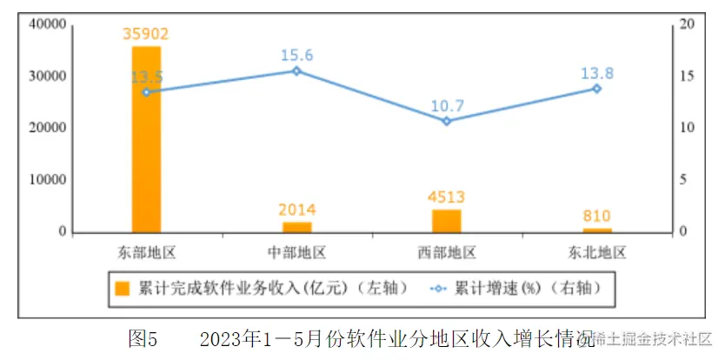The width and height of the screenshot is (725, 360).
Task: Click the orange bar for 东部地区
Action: (x=146, y=139)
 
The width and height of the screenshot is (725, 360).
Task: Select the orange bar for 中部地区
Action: (x=296, y=227)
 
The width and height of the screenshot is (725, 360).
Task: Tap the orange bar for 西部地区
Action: (x=446, y=221)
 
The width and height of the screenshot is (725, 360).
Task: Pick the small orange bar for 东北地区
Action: (x=596, y=230)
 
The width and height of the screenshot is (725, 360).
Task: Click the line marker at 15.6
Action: (x=296, y=70)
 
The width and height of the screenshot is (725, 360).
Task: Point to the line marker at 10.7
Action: (x=447, y=121)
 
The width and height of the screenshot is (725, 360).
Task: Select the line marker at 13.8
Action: (x=596, y=89)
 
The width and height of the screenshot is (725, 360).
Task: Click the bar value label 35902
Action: (x=145, y=35)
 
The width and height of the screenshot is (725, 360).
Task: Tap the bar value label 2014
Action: (x=296, y=210)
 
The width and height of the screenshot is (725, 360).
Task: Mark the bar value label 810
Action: (x=596, y=216)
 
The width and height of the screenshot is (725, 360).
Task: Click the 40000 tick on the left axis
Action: (x=48, y=24)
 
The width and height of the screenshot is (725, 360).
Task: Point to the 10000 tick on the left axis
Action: (x=48, y=180)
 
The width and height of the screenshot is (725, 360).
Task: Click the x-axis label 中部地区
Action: (x=296, y=253)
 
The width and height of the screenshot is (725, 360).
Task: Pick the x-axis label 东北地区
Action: (x=596, y=253)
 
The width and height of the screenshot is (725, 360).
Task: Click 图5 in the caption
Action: (x=142, y=337)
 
